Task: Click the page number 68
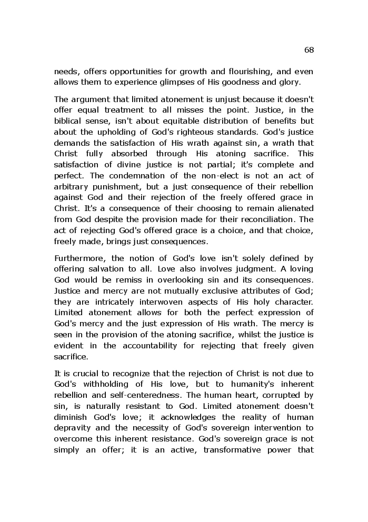[x=309, y=50]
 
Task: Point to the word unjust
[x=211, y=99]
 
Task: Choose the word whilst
[x=238, y=335]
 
